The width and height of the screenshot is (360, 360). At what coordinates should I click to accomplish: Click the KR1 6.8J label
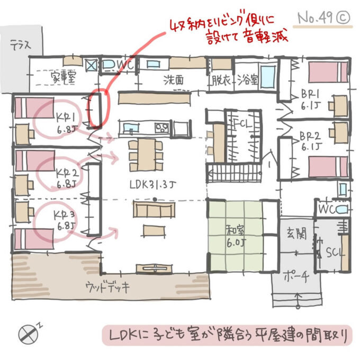point(67,121)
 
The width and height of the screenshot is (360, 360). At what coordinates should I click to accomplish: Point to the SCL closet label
point(335,252)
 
